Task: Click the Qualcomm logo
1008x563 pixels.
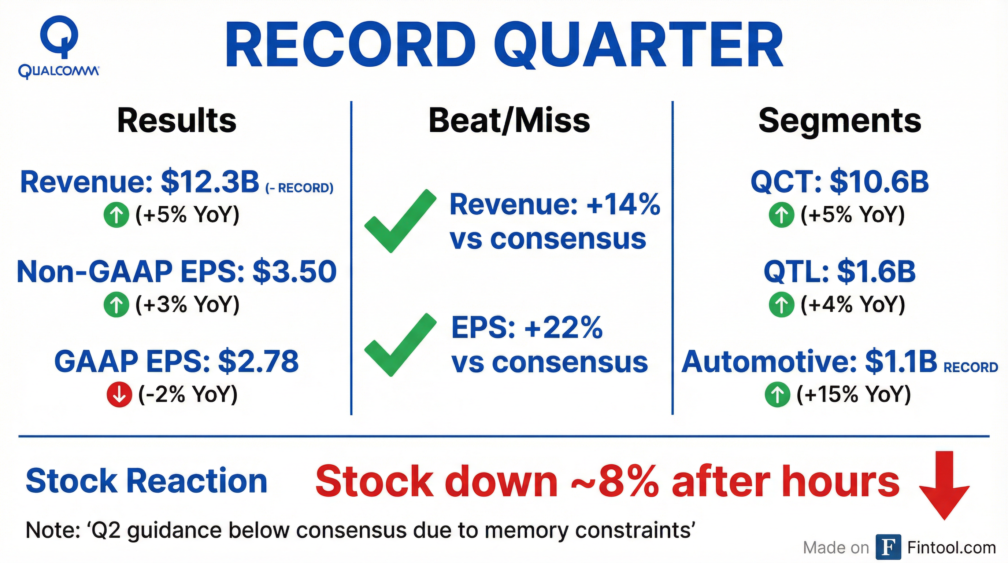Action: click(x=59, y=47)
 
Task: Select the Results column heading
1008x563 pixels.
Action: click(x=177, y=121)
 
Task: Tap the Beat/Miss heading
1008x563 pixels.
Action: click(x=509, y=121)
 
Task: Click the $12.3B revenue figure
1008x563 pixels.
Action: click(x=210, y=182)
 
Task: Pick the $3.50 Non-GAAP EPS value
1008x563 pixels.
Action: click(x=294, y=271)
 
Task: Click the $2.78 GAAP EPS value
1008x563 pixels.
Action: click(x=258, y=361)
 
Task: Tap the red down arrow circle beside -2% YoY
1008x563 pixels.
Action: click(x=119, y=395)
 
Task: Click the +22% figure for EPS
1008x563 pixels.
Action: click(x=563, y=328)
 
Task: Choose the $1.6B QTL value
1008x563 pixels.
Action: click(x=877, y=271)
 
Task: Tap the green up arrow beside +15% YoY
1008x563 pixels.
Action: click(x=777, y=395)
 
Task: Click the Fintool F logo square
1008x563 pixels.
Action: click(x=888, y=547)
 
